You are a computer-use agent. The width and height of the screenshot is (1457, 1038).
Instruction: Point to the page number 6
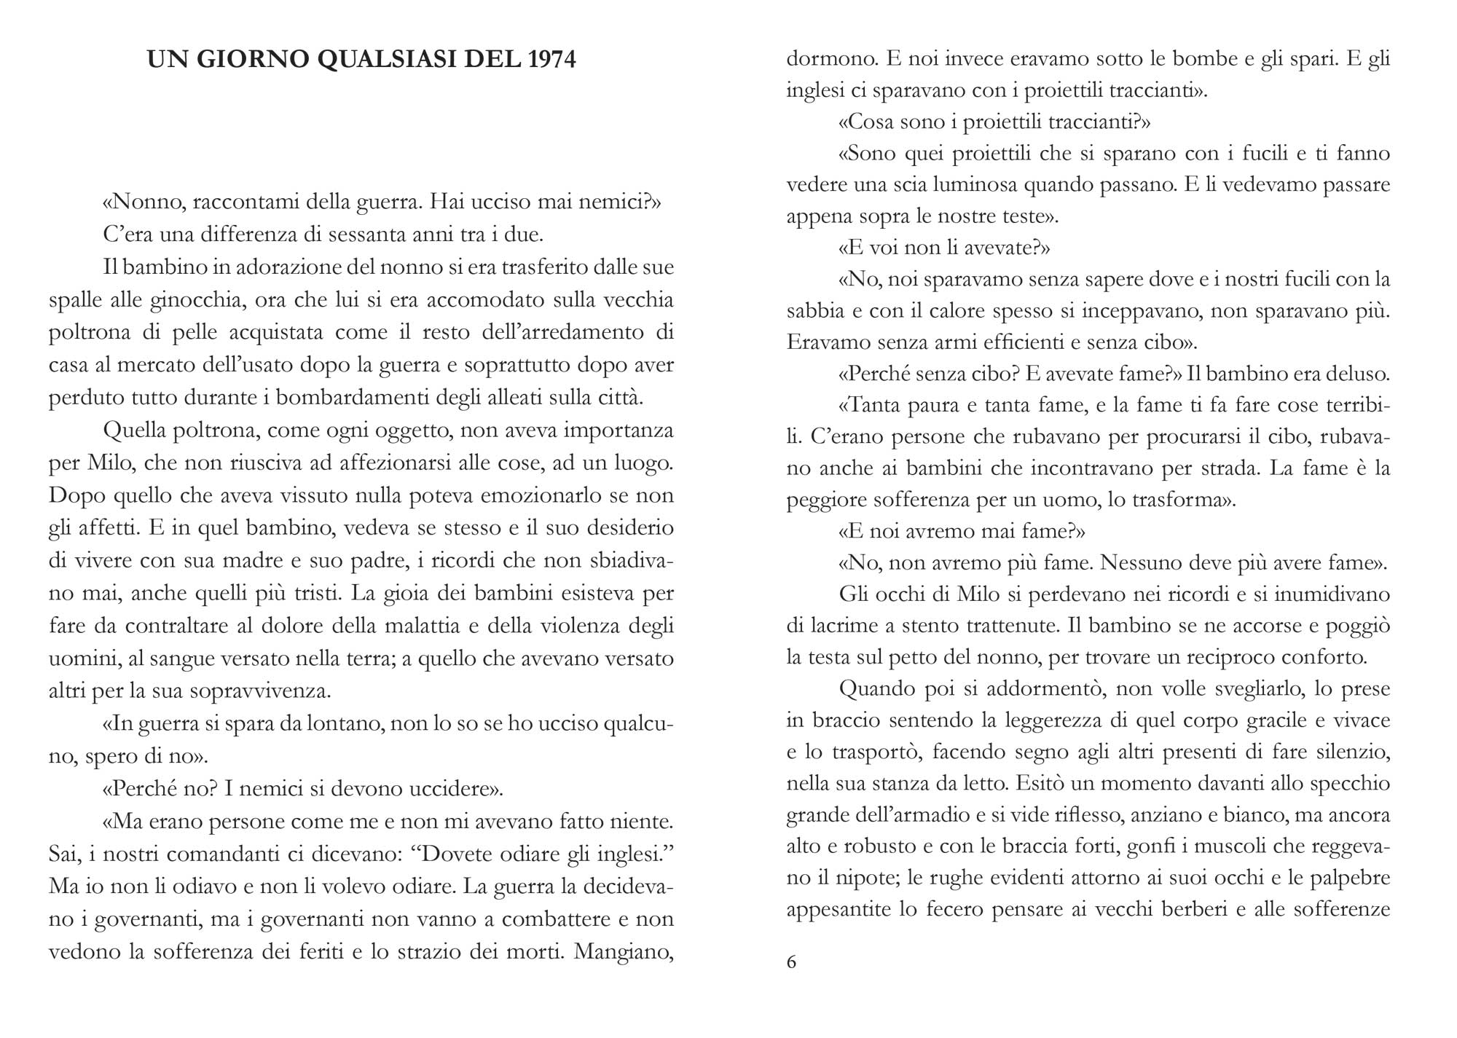[792, 962]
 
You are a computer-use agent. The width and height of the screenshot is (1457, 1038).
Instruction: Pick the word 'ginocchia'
[196, 299]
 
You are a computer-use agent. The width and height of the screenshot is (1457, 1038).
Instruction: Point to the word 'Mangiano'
[624, 952]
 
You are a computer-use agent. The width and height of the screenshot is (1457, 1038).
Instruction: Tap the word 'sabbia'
[813, 311]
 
